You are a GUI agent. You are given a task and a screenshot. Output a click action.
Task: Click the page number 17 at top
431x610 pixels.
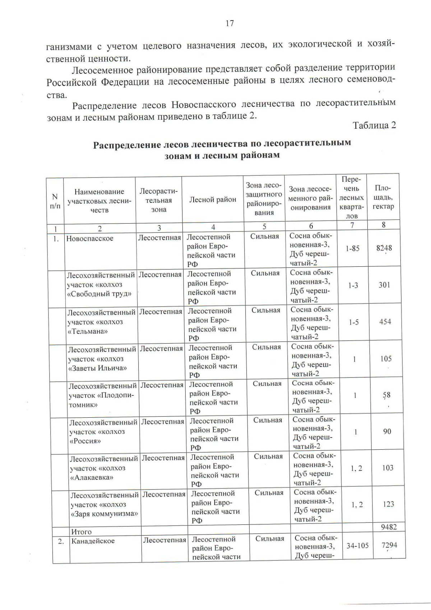coord(230,24)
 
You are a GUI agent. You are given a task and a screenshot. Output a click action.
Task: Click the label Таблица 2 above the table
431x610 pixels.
coord(374,125)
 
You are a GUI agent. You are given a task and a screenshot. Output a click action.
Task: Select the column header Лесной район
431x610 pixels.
coord(213,199)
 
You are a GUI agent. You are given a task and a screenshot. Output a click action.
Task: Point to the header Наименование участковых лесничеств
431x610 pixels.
coord(99,201)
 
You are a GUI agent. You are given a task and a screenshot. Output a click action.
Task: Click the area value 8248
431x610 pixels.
coord(384,248)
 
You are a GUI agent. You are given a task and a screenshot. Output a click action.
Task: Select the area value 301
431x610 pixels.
coord(384,285)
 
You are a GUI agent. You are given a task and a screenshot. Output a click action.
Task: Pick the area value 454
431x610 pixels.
coord(385,322)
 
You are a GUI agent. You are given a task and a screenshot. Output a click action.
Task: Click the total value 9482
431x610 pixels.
coord(389,527)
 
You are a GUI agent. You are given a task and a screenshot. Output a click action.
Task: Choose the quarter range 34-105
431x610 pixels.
coord(357,546)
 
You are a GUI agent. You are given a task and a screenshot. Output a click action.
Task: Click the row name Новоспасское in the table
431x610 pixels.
coord(89,238)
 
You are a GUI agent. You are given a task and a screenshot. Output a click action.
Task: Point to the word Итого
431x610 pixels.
coord(81,532)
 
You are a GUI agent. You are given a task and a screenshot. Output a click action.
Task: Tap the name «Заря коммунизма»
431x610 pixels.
coord(105,514)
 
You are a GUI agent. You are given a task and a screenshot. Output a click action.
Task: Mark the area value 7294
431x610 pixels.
coord(389,545)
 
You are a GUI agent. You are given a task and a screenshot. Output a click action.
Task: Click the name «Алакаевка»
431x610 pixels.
coord(92,477)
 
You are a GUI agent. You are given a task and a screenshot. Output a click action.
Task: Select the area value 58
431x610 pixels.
coord(386,395)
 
